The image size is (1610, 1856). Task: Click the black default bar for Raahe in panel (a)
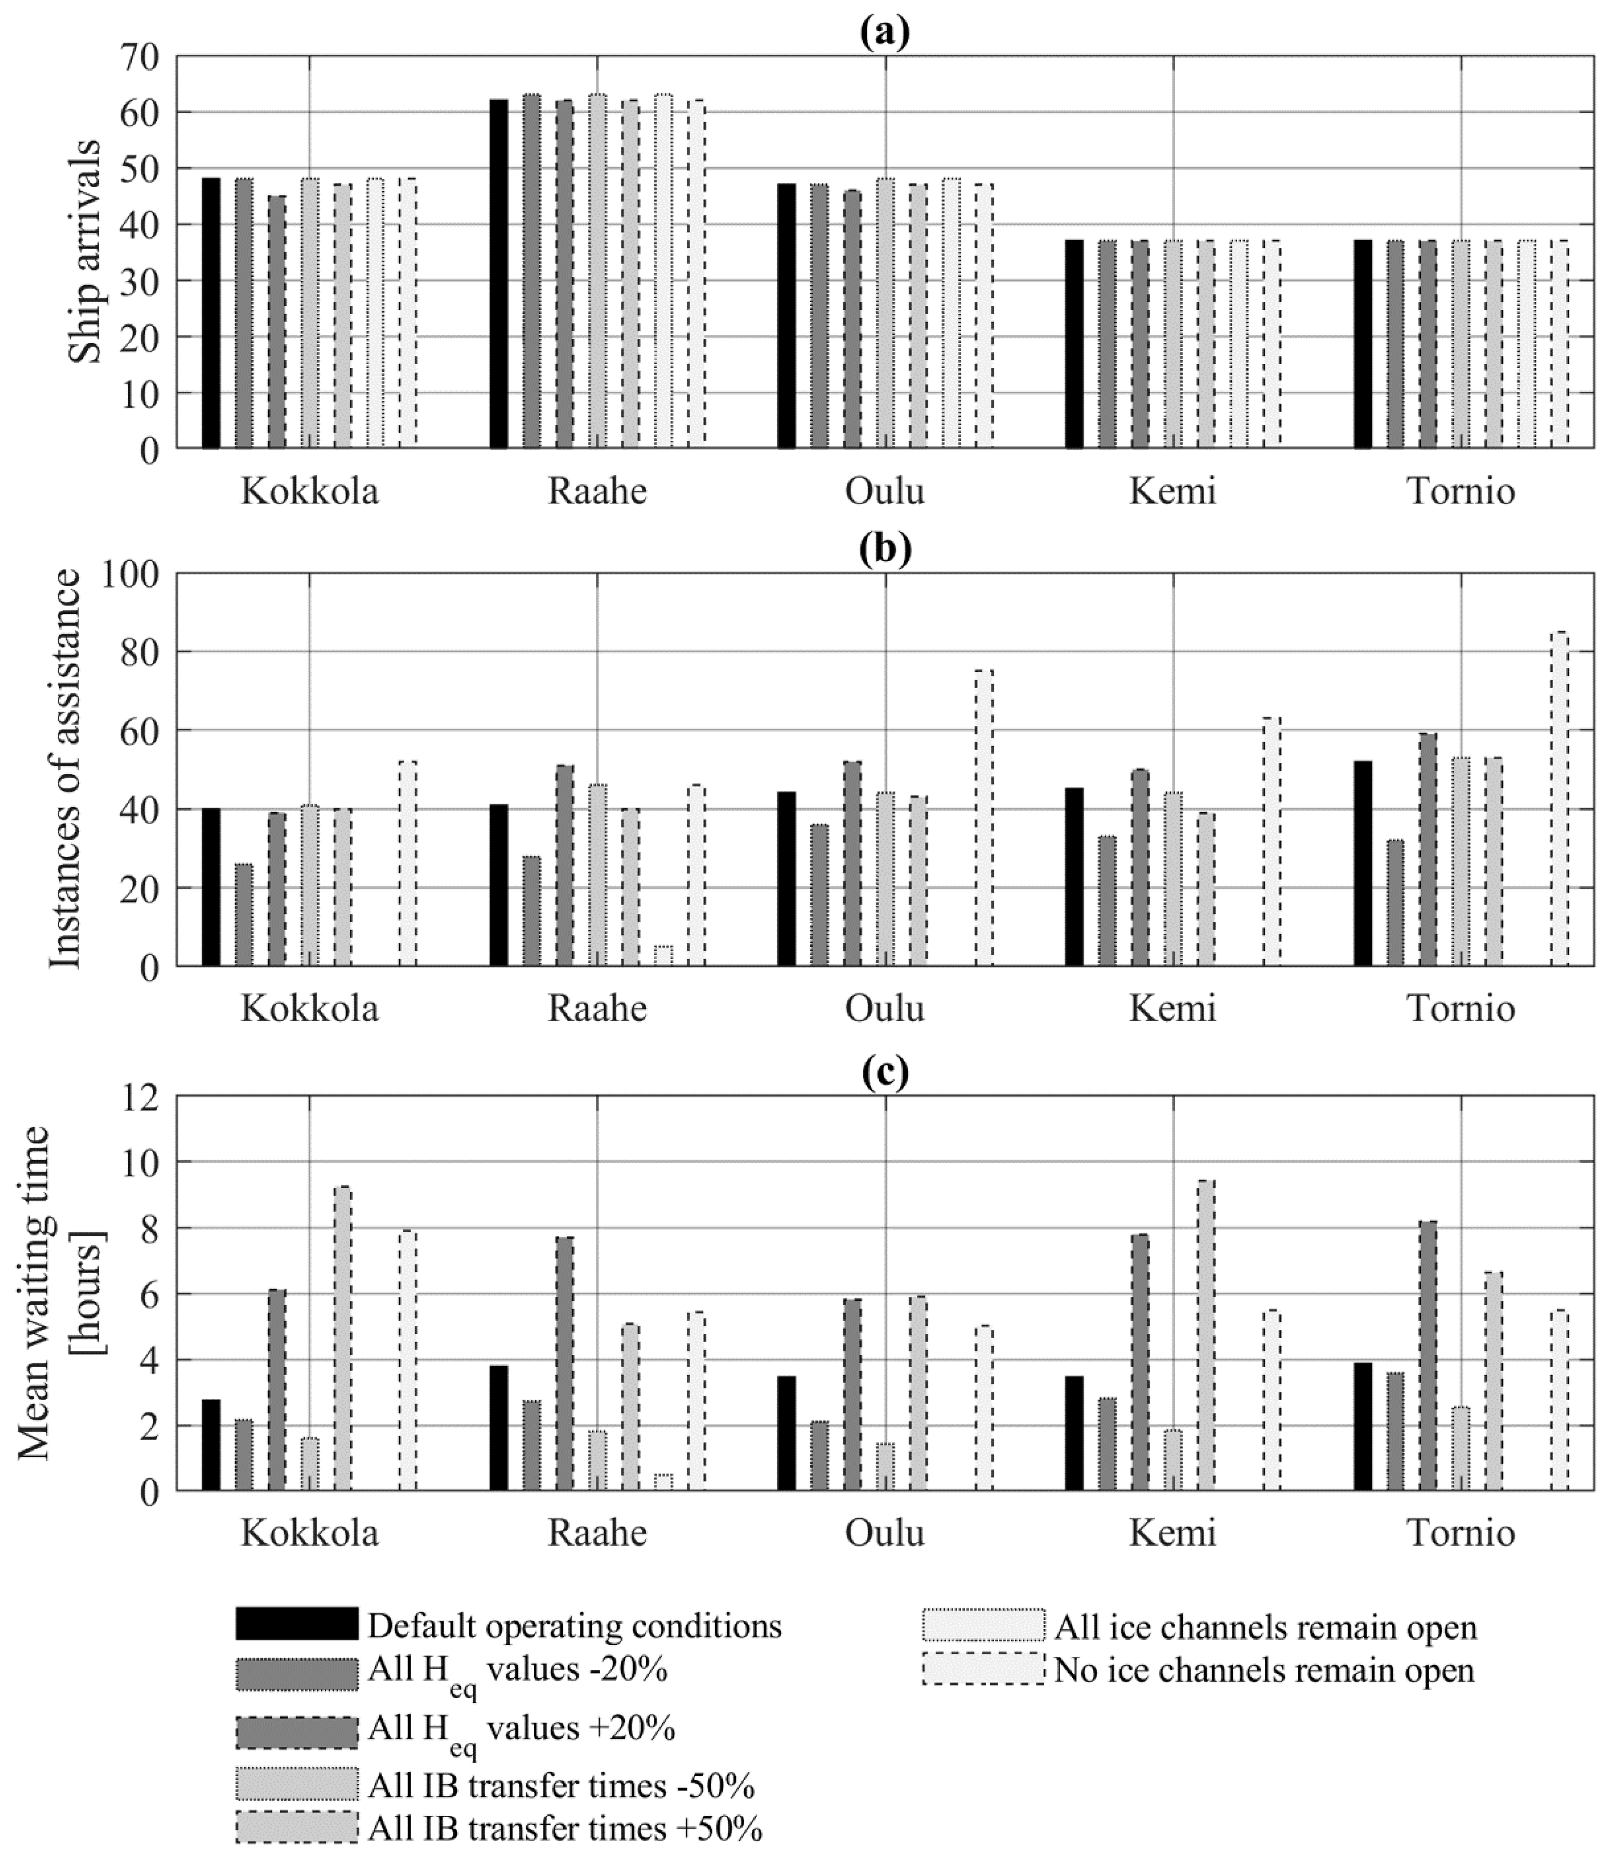coord(499,274)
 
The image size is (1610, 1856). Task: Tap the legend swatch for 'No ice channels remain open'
coord(984,1669)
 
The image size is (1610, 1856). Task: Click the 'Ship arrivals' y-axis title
coord(87,252)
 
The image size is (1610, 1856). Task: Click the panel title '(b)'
coord(885,548)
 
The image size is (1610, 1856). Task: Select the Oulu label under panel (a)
coord(885,492)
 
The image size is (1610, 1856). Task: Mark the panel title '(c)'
coord(885,1072)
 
